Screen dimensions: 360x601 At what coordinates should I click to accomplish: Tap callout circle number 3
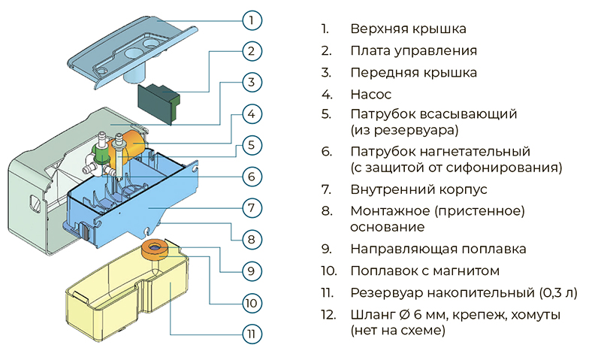(252, 81)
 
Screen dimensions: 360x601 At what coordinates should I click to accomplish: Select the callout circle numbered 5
(252, 144)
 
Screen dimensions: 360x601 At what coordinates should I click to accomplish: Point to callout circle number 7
(252, 206)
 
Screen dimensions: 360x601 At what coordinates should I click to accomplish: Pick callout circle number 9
(252, 269)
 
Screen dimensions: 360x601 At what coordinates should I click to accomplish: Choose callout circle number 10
(252, 301)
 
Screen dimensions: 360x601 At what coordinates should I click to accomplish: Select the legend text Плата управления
(413, 51)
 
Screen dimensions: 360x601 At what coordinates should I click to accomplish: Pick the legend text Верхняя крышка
(408, 29)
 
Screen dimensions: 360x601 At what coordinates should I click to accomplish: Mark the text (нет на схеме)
(397, 330)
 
